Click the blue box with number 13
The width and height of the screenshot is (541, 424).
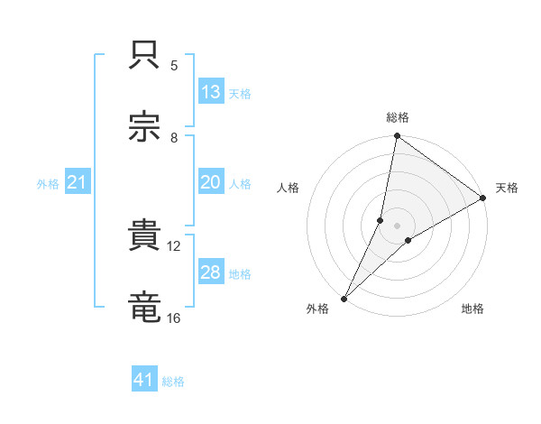tap(210, 92)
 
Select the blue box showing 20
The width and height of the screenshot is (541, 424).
tap(210, 182)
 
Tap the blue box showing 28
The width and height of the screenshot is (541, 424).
tap(210, 272)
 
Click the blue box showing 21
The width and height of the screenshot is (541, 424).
tap(77, 183)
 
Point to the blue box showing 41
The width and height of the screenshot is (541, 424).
tap(143, 380)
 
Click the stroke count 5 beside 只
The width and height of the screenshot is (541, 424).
tap(174, 65)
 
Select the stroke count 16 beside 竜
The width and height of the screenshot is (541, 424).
tap(173, 317)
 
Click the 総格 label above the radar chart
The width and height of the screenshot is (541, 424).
tap(397, 117)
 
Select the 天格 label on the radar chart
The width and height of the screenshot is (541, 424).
tap(507, 188)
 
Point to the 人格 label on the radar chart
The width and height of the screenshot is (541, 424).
tap(288, 188)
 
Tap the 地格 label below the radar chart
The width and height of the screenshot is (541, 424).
tap(472, 309)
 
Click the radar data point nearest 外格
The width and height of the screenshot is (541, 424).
tap(344, 298)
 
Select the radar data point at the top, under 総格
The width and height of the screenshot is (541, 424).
tap(397, 136)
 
